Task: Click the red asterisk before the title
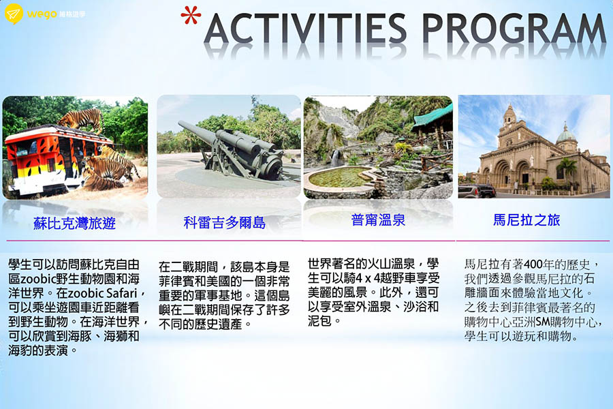191,15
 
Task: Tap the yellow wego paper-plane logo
14,14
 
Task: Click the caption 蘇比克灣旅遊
74,223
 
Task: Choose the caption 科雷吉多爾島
224,222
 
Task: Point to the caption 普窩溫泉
378,219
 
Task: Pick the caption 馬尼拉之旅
526,219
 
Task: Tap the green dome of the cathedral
565,135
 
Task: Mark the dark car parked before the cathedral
477,191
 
